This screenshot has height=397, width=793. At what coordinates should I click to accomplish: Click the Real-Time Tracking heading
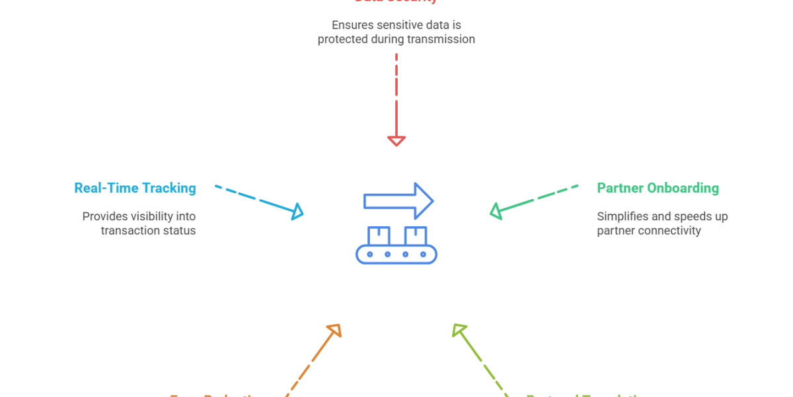135,189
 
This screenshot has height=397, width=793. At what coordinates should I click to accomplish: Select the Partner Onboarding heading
658,189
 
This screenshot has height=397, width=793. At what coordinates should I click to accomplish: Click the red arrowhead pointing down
396,140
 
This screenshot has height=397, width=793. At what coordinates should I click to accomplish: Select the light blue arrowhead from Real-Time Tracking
297,212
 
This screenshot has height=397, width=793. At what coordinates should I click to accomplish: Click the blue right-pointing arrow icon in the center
398,200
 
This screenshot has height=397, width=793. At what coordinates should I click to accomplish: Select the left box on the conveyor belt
379,235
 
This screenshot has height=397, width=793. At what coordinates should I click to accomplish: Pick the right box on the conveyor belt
416,235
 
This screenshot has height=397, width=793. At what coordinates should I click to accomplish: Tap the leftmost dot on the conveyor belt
370,254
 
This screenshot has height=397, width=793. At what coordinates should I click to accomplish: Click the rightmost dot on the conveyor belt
423,254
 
